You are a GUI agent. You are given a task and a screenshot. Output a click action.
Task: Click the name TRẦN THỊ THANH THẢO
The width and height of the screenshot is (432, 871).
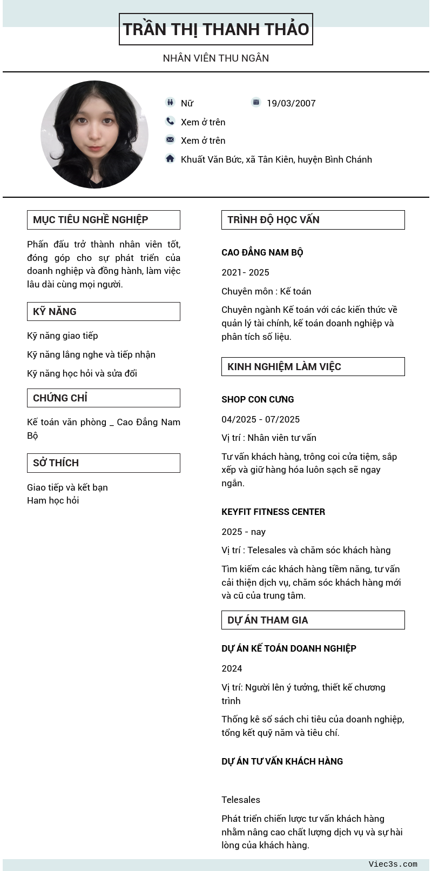coord(216,29)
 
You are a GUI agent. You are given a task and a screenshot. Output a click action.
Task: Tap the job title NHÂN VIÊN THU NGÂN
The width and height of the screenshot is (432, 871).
coord(216,58)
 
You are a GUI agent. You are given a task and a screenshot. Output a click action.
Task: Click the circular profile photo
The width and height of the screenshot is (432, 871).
coord(94,135)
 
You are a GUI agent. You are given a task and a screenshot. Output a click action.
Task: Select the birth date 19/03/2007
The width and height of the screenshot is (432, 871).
coord(291,103)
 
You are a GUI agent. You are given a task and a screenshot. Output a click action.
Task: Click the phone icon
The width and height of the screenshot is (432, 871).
coord(170,121)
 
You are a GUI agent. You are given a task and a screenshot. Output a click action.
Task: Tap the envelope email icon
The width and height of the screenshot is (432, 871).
coord(170,139)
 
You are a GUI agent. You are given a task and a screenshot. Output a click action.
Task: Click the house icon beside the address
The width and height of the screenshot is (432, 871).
coord(170,158)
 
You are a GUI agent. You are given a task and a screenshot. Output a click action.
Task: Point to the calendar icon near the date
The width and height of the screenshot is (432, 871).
coord(256,102)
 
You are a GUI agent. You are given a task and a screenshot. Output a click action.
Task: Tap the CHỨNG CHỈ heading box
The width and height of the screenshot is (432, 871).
coord(103,398)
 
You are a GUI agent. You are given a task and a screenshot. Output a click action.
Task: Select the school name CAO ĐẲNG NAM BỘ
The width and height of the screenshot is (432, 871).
coord(262,252)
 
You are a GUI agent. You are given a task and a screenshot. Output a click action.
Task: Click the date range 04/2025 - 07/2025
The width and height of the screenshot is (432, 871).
coord(260,419)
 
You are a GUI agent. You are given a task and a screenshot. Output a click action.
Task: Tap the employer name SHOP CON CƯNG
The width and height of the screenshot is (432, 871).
coord(258,399)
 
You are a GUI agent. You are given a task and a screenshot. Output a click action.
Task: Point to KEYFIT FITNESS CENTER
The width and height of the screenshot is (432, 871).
coord(273,512)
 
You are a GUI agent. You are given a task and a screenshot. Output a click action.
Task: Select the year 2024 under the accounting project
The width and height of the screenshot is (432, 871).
coord(232,668)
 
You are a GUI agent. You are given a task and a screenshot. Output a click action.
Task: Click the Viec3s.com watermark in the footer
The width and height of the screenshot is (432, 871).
coord(393,864)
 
